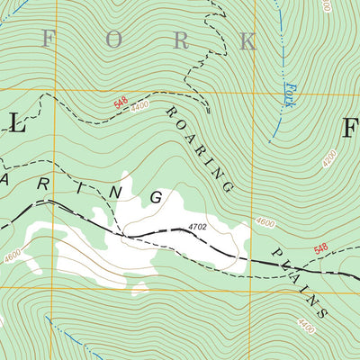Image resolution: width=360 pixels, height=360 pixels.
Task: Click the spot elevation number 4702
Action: (198, 229)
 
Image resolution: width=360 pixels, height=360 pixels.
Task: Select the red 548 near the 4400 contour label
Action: (121, 105)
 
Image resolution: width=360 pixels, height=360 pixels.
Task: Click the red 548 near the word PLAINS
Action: (321, 250)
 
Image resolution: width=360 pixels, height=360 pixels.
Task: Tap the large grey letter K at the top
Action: (246, 40)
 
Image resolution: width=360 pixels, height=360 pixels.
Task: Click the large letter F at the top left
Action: (48, 39)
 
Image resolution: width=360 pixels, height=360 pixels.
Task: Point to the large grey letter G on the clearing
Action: (157, 196)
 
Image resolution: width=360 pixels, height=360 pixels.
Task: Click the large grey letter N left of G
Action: (114, 190)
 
